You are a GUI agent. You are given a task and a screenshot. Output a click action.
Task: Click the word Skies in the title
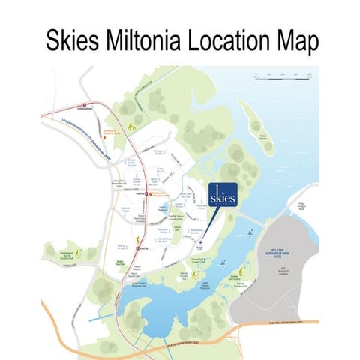pyautogui.click(x=75, y=38)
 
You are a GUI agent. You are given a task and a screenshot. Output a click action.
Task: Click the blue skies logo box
pyautogui.click(x=223, y=194)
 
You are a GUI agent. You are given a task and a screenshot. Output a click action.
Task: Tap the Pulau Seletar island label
pyautogui.click(x=263, y=137)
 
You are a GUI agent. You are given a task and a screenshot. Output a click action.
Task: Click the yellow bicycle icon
pyautogui.click(x=131, y=127)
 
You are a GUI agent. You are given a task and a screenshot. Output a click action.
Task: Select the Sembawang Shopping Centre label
pyautogui.click(x=109, y=130)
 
